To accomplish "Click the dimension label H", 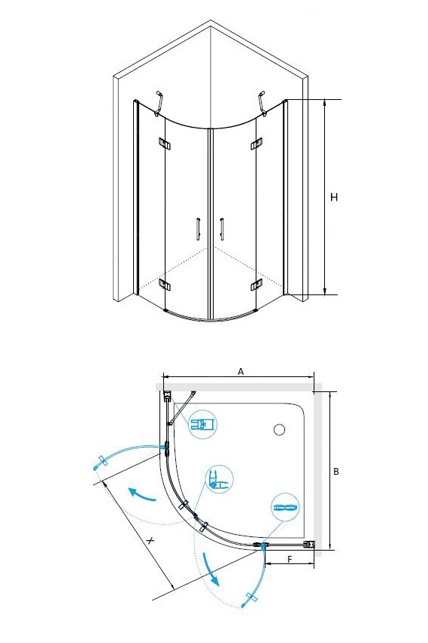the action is pos(334,198).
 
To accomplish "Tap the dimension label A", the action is pos(241,372).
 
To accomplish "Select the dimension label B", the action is pos(336,472).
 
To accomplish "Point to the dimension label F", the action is pos(290,560).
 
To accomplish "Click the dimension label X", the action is pos(150,541).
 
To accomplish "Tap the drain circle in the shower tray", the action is pos(279,430).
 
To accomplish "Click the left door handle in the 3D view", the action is pos(198,229).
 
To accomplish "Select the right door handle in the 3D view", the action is pos(221,229).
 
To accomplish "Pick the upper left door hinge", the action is pos(164,143).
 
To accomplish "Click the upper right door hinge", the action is pos(256,143).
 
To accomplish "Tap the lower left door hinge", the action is pos(165,285).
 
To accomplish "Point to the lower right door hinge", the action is pos(256,285).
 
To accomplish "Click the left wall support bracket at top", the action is pos(159,104).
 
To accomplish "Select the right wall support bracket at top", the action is pos(262,102).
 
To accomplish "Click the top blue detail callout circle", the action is pos(203,424).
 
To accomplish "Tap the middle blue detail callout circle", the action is pos(220,479).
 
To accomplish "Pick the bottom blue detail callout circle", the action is pos(285,507).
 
